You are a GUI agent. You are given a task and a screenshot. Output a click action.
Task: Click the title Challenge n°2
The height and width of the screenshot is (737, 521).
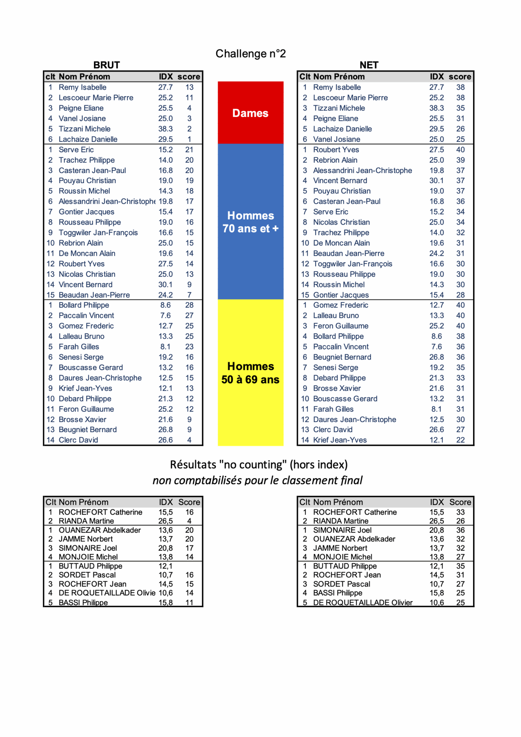(250, 54)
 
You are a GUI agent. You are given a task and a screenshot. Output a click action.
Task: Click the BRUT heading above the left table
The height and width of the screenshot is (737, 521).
(107, 65)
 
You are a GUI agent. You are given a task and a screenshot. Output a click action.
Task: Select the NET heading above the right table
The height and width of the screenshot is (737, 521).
(369, 65)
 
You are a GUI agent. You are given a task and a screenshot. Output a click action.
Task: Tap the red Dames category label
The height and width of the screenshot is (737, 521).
(250, 113)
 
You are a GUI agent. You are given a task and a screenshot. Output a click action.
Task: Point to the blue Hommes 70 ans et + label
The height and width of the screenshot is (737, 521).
(250, 222)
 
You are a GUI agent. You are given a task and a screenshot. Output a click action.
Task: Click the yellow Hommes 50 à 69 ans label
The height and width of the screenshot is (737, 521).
(250, 373)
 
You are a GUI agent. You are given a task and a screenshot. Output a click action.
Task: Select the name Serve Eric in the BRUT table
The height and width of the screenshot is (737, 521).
(76, 150)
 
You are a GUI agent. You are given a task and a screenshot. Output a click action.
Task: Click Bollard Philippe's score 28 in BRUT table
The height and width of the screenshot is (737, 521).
(189, 305)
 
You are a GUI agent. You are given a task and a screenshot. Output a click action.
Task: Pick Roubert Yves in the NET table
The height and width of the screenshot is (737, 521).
(336, 150)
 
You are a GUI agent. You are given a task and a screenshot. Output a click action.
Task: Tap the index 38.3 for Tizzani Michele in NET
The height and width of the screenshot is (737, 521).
(436, 108)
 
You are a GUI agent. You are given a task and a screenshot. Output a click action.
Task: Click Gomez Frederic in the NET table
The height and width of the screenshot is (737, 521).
(341, 305)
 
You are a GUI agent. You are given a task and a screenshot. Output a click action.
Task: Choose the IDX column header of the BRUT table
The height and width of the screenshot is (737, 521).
(166, 77)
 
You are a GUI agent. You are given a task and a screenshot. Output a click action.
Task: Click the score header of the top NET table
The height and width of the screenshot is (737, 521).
(460, 77)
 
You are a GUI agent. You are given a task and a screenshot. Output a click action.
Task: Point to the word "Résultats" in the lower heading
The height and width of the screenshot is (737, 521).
(193, 465)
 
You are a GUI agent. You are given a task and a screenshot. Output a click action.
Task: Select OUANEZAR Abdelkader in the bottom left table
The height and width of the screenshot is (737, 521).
(100, 530)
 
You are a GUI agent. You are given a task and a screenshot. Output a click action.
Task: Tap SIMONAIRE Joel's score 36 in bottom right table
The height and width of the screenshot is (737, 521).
(461, 530)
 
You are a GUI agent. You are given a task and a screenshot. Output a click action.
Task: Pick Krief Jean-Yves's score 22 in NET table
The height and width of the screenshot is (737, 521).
(461, 440)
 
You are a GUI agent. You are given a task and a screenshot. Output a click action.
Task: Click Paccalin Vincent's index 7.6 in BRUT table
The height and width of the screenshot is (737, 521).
(166, 316)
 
